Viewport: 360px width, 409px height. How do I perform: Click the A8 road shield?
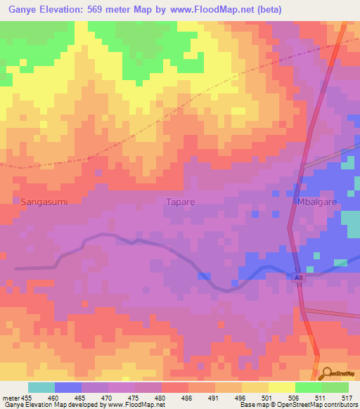coord(299,278)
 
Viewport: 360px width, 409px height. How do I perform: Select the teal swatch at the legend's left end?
coord(41,387)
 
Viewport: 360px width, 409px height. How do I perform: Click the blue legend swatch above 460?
coord(68,387)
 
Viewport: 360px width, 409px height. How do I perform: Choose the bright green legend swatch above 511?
coord(308,387)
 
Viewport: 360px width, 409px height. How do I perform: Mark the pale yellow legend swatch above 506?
coord(281,387)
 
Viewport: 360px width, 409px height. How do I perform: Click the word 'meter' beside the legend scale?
coord(10,398)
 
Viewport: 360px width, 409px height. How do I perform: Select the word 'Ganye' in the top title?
coord(22,10)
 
